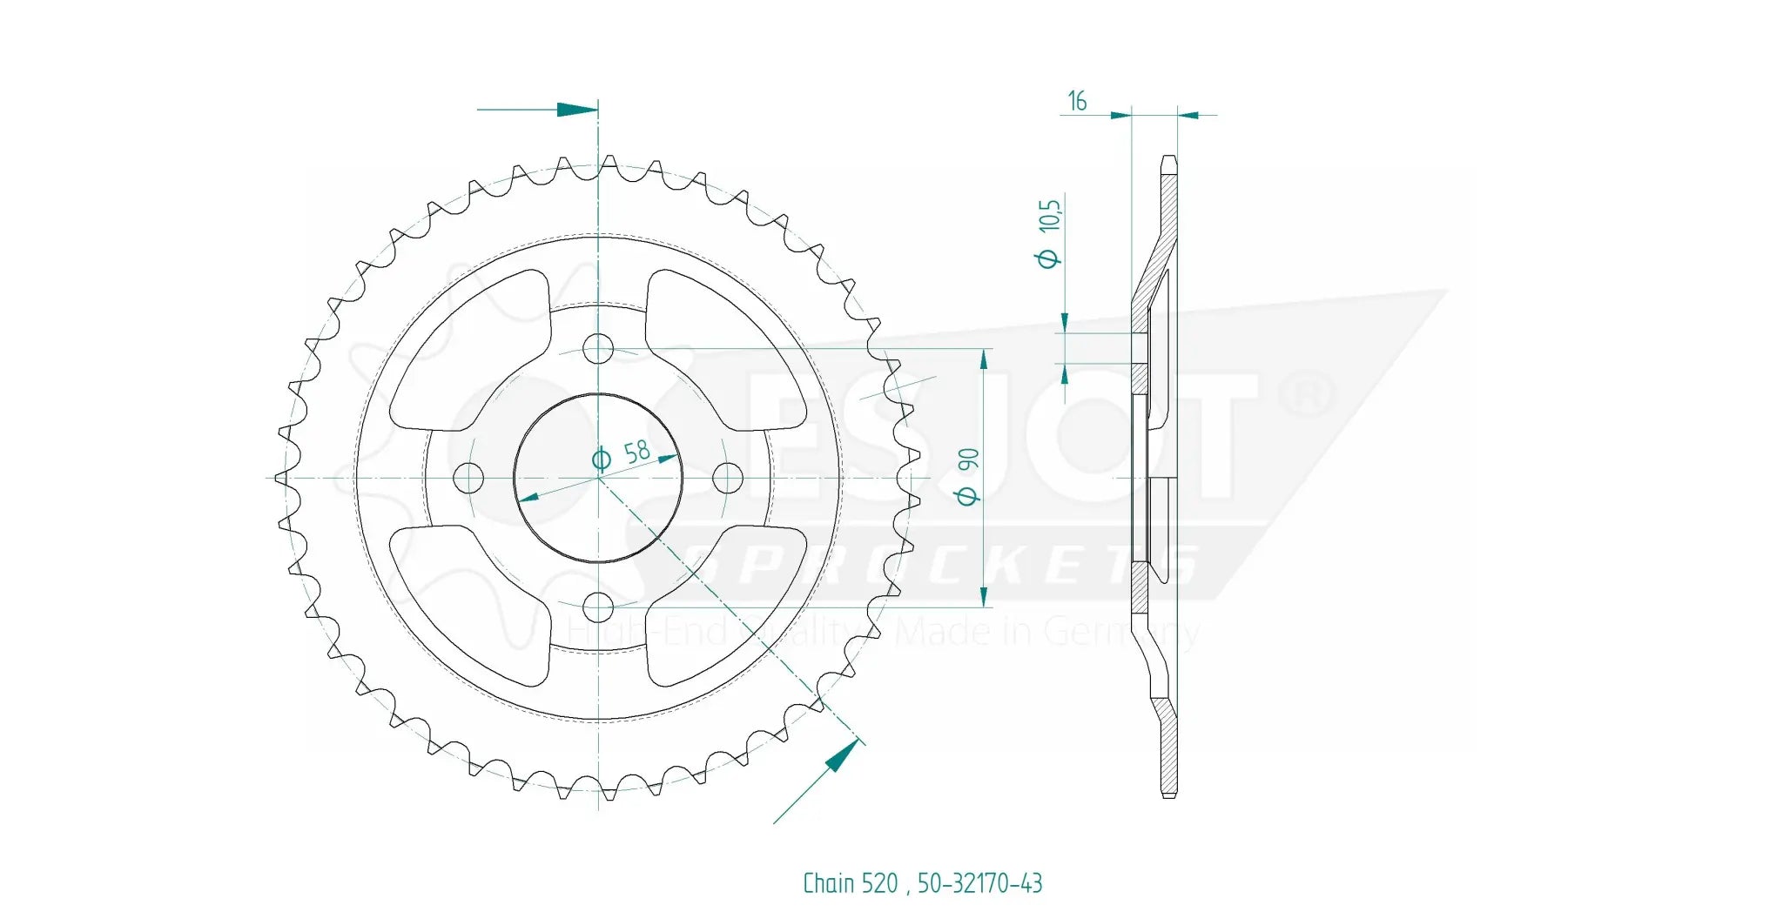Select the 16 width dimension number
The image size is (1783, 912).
pos(1077,102)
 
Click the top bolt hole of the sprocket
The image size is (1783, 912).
pos(598,349)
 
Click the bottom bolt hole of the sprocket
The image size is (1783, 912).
pos(598,606)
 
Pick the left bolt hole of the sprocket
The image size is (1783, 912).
pos(469,477)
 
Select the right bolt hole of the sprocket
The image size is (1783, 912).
pos(727,477)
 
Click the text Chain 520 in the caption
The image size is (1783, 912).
pos(850,883)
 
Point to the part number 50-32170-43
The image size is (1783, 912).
pos(979,883)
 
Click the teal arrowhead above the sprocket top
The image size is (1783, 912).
pos(576,110)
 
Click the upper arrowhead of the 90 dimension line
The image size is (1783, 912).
pos(984,359)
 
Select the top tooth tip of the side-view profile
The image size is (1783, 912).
pos(1168,160)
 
